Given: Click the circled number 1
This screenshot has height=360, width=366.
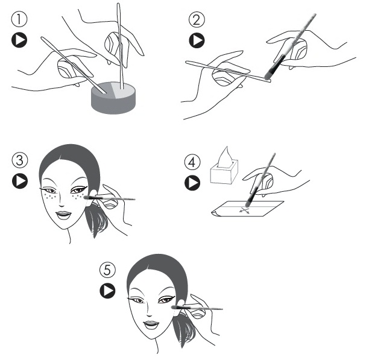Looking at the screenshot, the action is click(x=19, y=19).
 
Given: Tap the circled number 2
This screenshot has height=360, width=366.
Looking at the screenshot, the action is click(x=197, y=19).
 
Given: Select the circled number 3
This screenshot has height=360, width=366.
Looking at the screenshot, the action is click(x=20, y=160).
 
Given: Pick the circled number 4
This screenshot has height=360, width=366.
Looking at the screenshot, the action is click(x=192, y=162).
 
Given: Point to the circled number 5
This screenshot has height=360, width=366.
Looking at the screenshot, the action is click(x=107, y=270).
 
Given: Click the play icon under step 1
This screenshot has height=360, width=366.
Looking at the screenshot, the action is click(x=19, y=40).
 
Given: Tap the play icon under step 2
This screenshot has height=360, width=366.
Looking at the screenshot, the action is click(x=197, y=40).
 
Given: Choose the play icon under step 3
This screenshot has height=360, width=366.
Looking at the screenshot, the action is click(x=20, y=181).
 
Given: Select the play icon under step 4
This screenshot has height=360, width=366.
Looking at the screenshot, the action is click(x=192, y=183).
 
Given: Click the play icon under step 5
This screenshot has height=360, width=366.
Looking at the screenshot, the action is click(x=107, y=291).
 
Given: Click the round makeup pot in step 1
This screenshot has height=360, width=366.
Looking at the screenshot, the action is click(x=113, y=98).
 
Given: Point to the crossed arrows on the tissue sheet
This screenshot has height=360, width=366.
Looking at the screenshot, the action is click(x=244, y=210).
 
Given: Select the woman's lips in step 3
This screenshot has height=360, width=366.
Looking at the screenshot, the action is click(x=64, y=215).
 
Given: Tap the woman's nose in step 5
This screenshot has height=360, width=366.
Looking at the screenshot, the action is click(x=150, y=311).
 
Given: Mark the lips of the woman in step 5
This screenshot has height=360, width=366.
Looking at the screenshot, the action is click(x=152, y=324).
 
